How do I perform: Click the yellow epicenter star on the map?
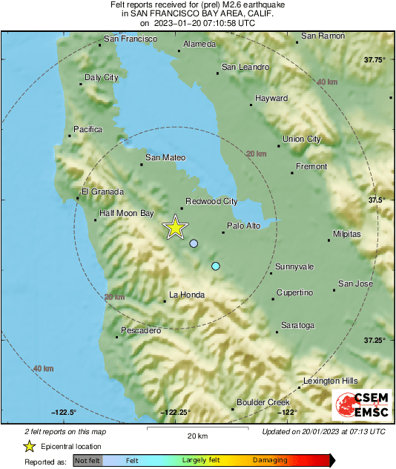175,227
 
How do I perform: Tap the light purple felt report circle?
194,243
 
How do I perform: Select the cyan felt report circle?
216,266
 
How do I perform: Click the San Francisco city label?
131,39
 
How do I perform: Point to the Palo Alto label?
243,226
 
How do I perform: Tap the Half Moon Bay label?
126,214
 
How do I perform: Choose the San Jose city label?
355,283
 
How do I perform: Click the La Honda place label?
185,295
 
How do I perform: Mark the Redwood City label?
211,201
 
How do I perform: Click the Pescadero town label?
141,330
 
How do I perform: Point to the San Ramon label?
323,36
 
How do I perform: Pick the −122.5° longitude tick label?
65,413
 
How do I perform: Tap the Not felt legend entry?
88,461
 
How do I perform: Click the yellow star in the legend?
29,446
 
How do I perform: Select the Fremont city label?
311,167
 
